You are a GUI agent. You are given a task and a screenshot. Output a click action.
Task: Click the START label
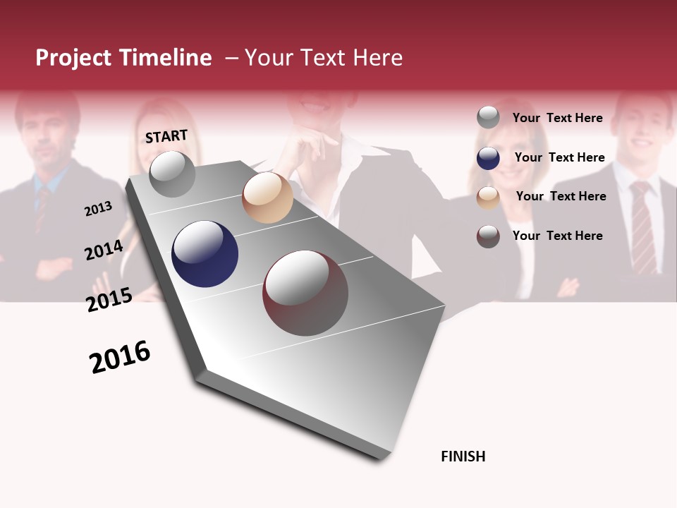166,136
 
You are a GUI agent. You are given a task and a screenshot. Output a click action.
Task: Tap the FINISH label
463,456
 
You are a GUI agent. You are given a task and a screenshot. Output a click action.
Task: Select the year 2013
98,209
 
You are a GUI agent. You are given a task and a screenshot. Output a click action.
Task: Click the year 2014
104,250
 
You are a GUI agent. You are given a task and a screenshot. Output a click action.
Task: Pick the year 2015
109,300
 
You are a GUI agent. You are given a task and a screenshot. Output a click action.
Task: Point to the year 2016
120,357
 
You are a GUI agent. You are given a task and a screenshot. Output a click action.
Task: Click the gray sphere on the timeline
172,174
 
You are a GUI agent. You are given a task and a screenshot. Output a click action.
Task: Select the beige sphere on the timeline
267,198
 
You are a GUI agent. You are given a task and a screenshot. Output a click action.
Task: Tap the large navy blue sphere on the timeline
205,254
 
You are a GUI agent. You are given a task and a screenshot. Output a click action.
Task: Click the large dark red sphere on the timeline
305,293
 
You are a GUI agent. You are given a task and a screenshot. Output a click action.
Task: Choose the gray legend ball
488,117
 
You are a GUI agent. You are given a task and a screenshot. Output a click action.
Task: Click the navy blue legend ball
488,158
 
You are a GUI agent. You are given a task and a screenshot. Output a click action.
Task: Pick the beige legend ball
488,197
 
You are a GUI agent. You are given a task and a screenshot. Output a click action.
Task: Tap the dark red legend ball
488,236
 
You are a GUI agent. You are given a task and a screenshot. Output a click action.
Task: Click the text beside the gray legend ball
557,118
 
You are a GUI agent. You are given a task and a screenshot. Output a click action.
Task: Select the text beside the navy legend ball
559,157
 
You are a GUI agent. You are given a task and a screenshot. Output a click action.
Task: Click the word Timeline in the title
165,58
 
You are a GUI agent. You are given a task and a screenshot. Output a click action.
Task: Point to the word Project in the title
74,58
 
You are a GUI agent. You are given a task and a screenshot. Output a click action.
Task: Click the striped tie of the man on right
642,226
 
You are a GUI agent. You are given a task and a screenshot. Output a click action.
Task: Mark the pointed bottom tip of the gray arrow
381,459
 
